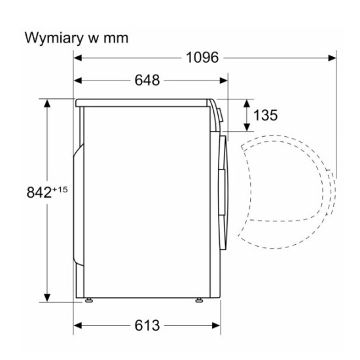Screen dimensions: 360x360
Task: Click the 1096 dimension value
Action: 202,58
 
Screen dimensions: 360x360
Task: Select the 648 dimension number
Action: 147,81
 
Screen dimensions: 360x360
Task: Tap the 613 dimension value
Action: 147,325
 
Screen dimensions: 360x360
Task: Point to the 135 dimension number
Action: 265,115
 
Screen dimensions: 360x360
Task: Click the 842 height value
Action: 39,192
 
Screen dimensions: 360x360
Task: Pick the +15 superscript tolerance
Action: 60,190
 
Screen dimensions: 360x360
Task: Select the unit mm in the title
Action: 116,39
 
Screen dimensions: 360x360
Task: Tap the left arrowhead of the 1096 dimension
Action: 78,58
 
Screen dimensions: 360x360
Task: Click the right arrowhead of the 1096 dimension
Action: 332,58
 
